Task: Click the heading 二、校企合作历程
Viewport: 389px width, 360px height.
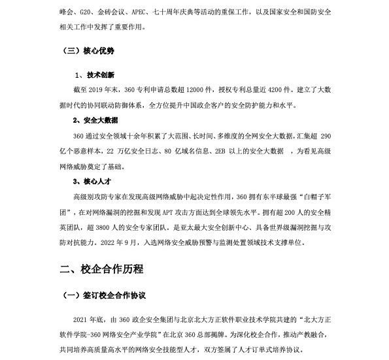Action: point(101,269)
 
